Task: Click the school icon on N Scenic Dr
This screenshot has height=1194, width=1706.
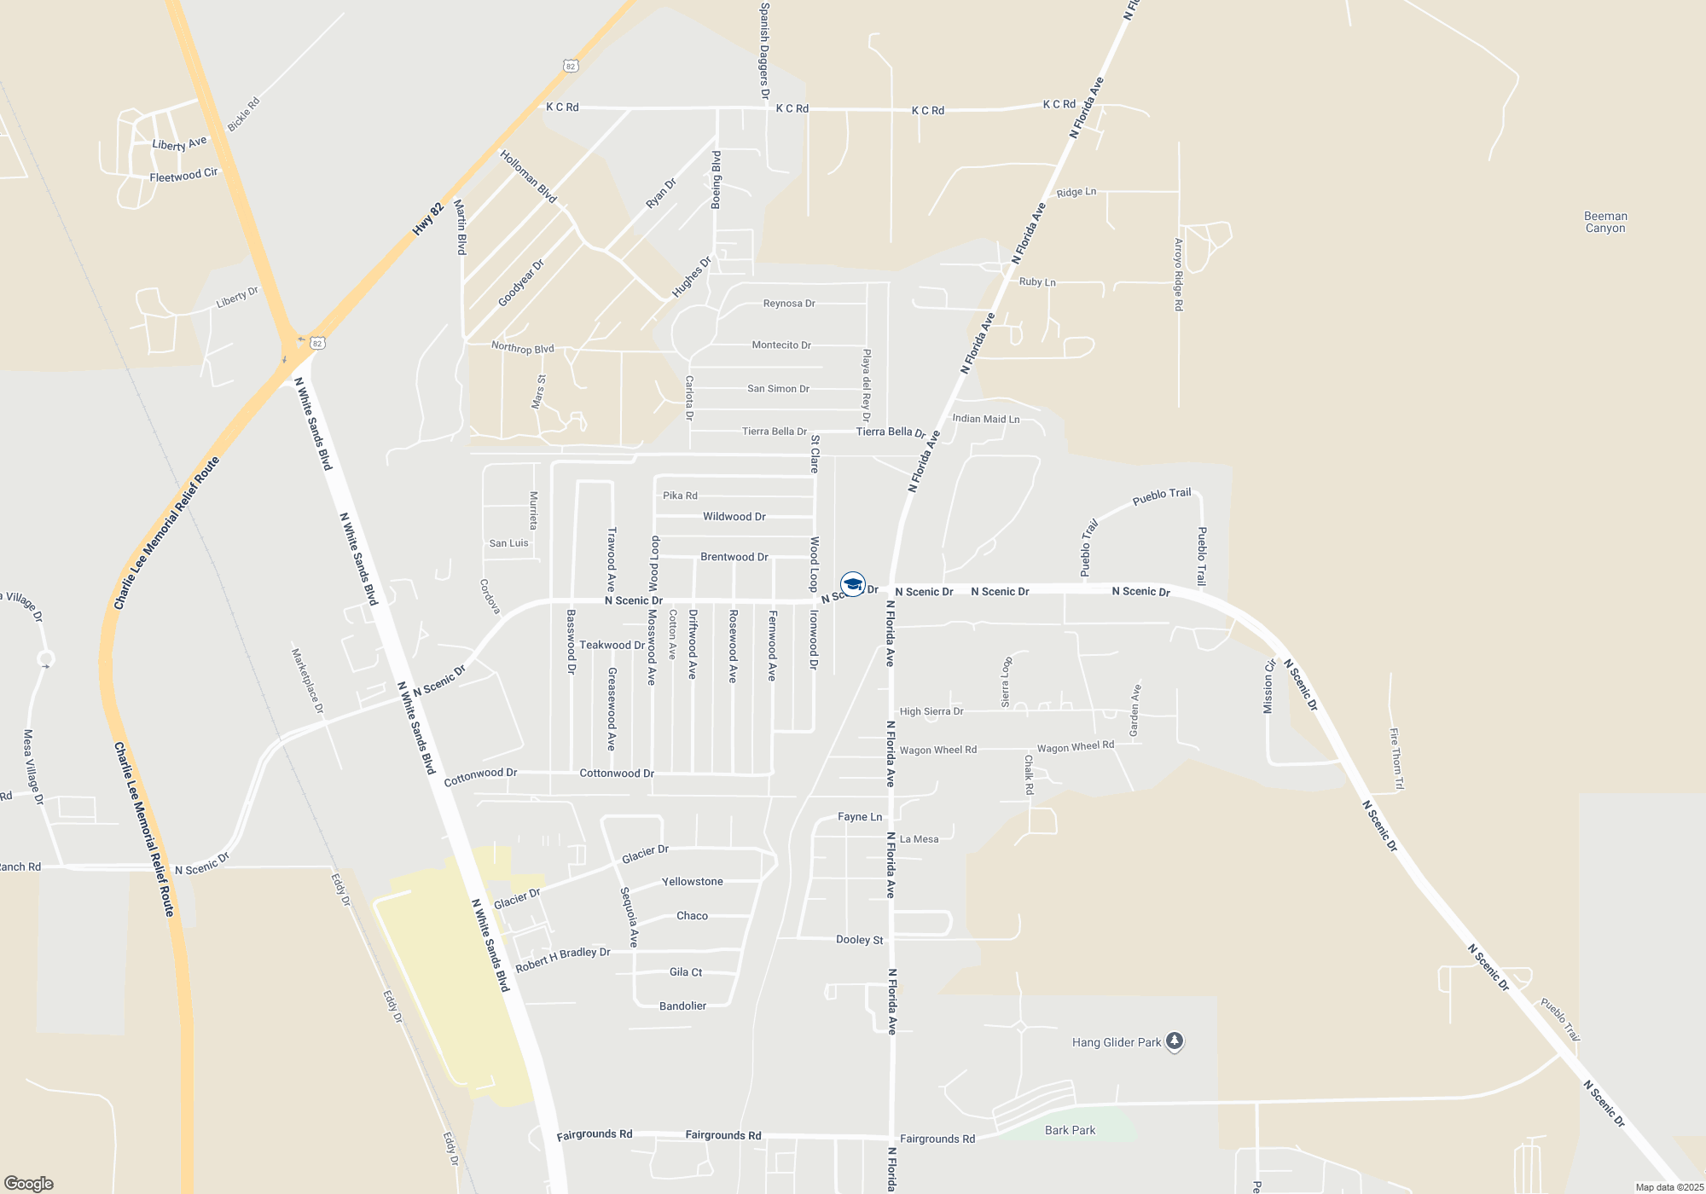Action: (x=852, y=584)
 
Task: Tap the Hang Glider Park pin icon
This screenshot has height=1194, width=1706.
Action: (x=1174, y=1041)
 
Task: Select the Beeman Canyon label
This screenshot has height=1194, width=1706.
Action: (x=1605, y=222)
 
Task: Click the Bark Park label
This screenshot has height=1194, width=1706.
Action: (x=1070, y=1130)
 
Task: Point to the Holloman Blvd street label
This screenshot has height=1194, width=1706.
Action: (x=528, y=177)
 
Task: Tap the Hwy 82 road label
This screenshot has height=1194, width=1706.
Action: (x=428, y=219)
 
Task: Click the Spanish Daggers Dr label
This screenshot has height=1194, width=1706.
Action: (x=764, y=50)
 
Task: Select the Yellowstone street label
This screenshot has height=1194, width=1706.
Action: (x=692, y=882)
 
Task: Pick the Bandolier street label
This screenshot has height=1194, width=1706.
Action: (x=682, y=1006)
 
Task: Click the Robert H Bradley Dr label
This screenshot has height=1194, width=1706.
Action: (x=563, y=959)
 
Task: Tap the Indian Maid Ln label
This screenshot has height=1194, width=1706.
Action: (x=985, y=419)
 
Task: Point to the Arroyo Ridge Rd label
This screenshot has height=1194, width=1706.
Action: (x=1179, y=274)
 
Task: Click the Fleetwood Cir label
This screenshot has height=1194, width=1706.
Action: (x=183, y=175)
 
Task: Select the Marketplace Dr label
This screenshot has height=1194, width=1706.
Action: (x=307, y=681)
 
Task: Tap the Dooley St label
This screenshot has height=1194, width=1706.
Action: (x=859, y=940)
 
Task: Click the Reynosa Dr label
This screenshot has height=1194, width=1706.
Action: (x=789, y=304)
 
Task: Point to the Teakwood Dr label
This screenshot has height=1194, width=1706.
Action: (x=612, y=645)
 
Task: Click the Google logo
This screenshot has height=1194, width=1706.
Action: (x=28, y=1183)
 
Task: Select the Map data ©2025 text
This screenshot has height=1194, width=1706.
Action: (x=1668, y=1187)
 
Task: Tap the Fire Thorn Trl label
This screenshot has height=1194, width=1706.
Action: (x=1396, y=758)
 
